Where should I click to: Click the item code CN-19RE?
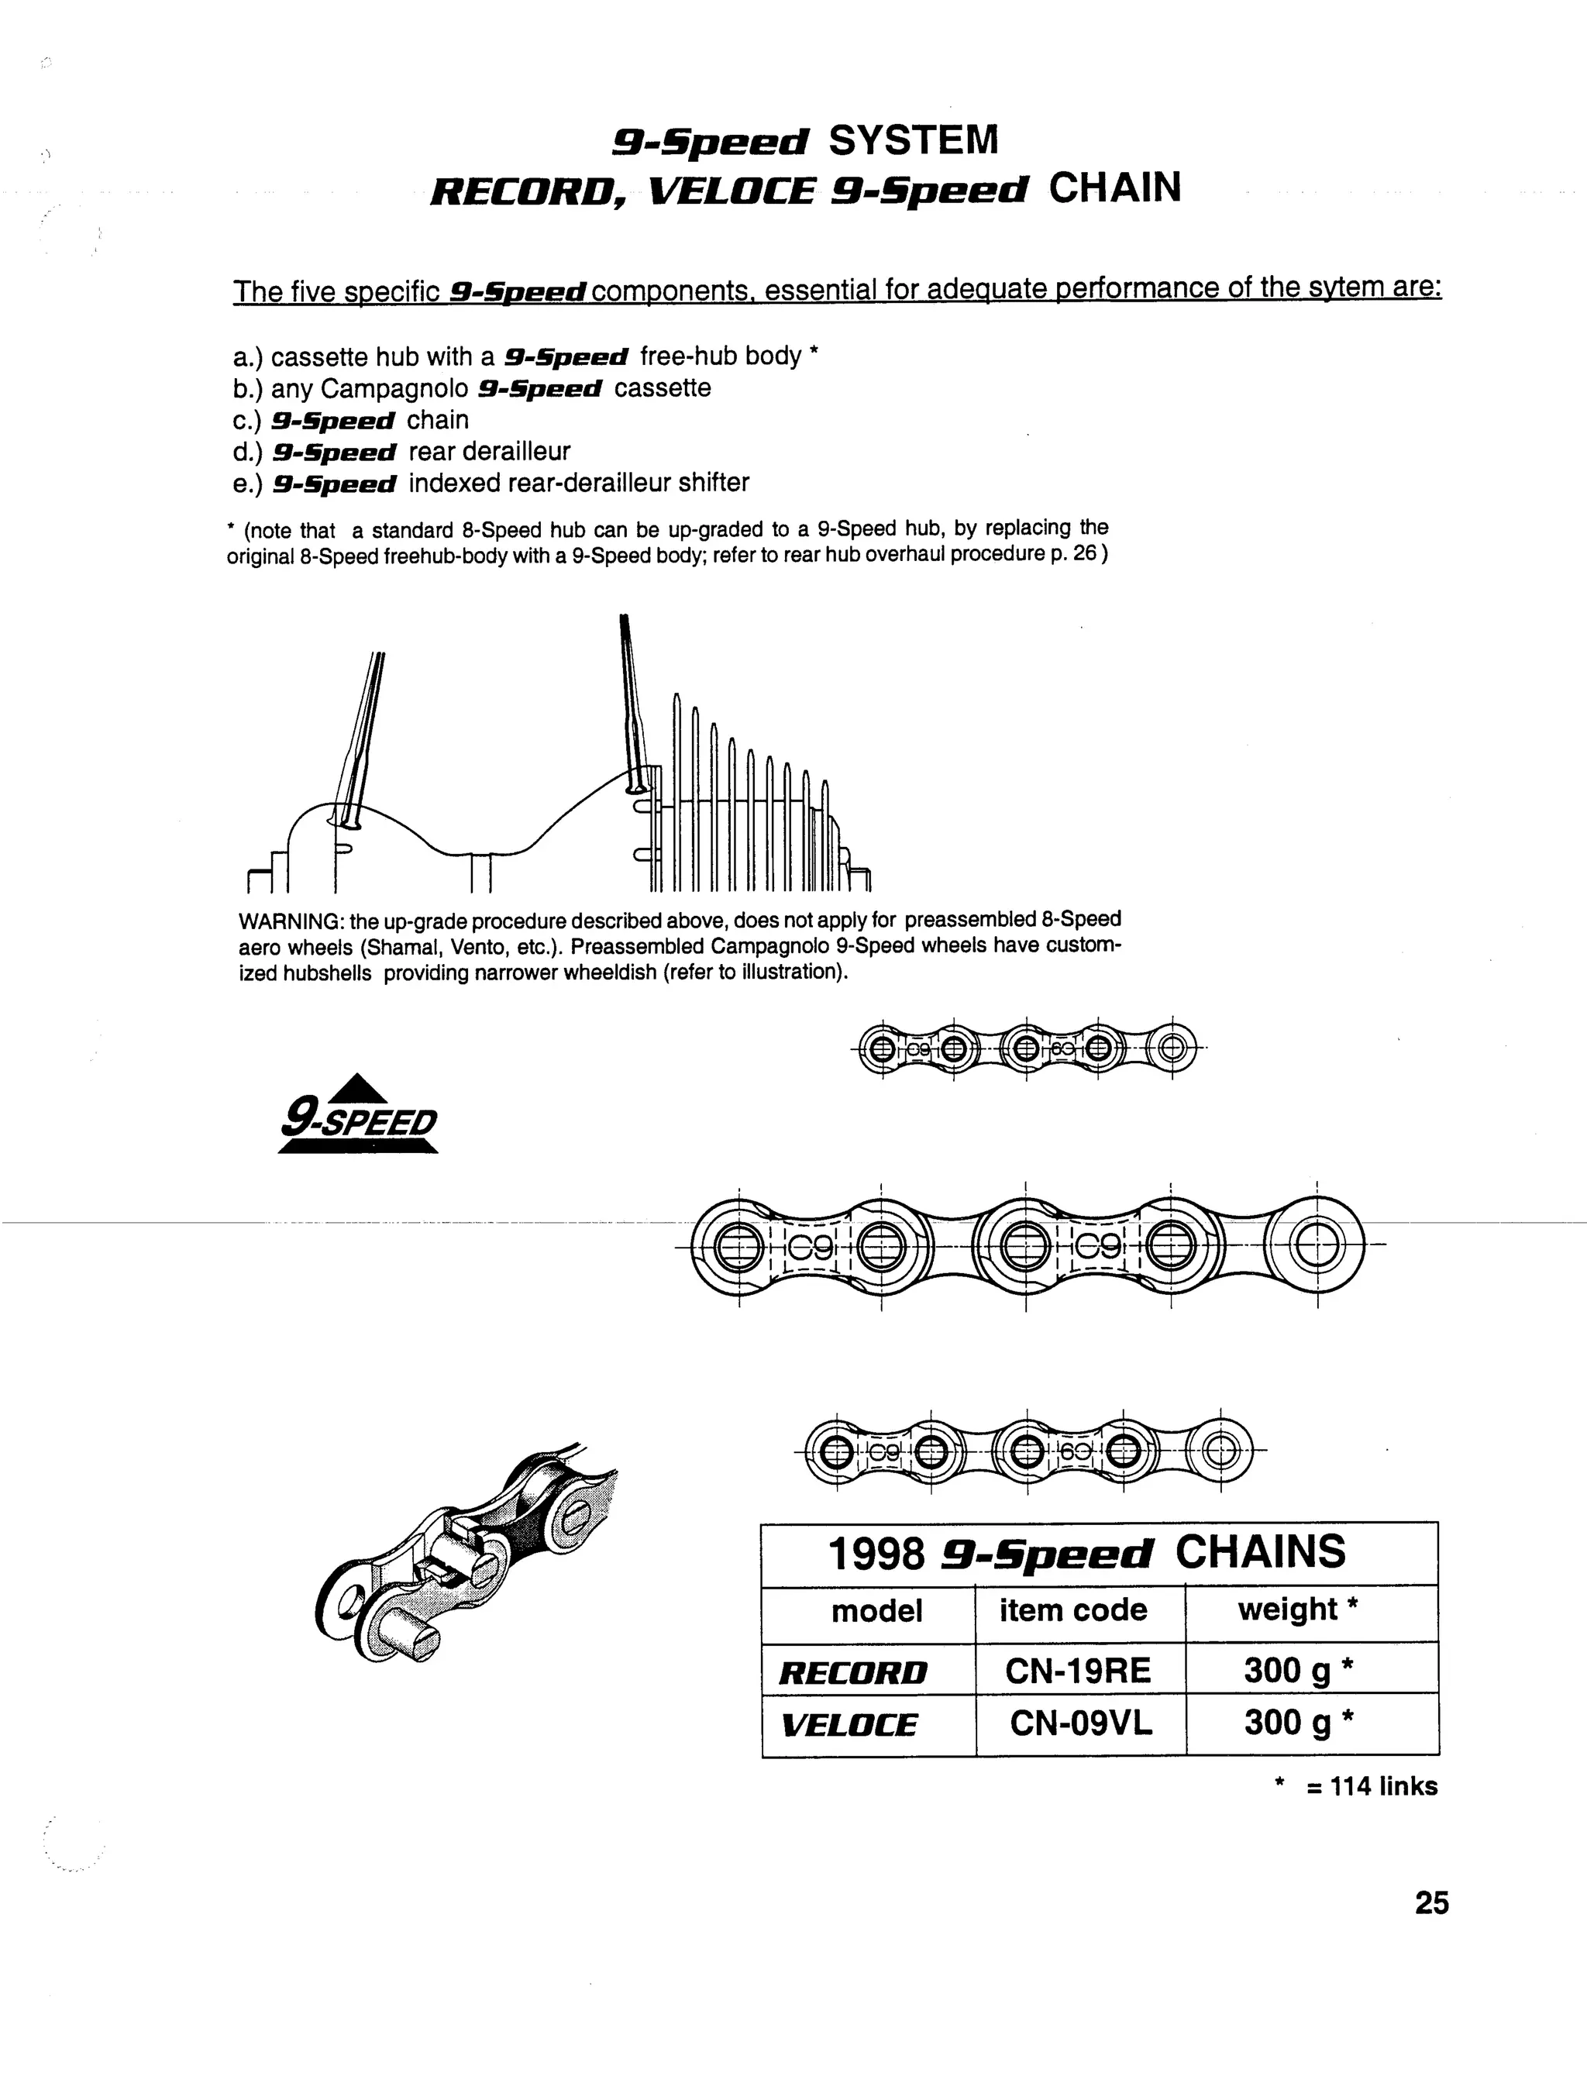pyautogui.click(x=1078, y=1671)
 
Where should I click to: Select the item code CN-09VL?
pyautogui.click(x=1081, y=1723)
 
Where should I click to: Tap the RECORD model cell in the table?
pyautogui.click(x=853, y=1673)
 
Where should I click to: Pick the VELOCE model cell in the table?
pyautogui.click(x=849, y=1725)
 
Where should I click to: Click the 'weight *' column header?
pyautogui.click(x=1298, y=1610)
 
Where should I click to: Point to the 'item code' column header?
pyautogui.click(x=1073, y=1610)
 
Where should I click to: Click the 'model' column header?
pyautogui.click(x=876, y=1610)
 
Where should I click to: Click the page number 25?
pyautogui.click(x=1431, y=1902)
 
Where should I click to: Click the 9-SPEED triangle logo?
pyautogui.click(x=358, y=1115)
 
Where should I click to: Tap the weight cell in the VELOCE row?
pyautogui.click(x=1299, y=1723)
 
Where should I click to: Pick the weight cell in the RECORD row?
pyautogui.click(x=1299, y=1671)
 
